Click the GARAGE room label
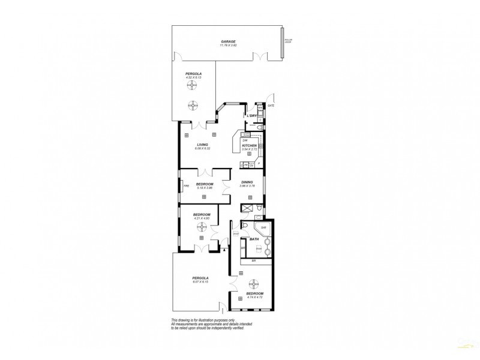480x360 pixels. click(227, 41)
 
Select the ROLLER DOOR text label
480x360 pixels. click(289, 43)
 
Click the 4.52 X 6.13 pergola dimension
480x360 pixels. click(193, 77)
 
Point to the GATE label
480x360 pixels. click(271, 106)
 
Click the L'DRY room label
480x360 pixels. click(252, 115)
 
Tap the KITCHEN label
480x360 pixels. click(249, 145)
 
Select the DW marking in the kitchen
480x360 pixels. click(245, 140)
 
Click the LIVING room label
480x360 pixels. click(203, 145)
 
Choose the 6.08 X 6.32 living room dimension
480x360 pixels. click(203, 149)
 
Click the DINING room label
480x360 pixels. click(247, 182)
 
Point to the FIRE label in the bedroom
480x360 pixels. click(186, 186)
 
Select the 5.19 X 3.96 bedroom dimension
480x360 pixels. click(205, 188)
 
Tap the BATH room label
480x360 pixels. click(254, 238)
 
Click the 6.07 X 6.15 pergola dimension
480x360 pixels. click(200, 282)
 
